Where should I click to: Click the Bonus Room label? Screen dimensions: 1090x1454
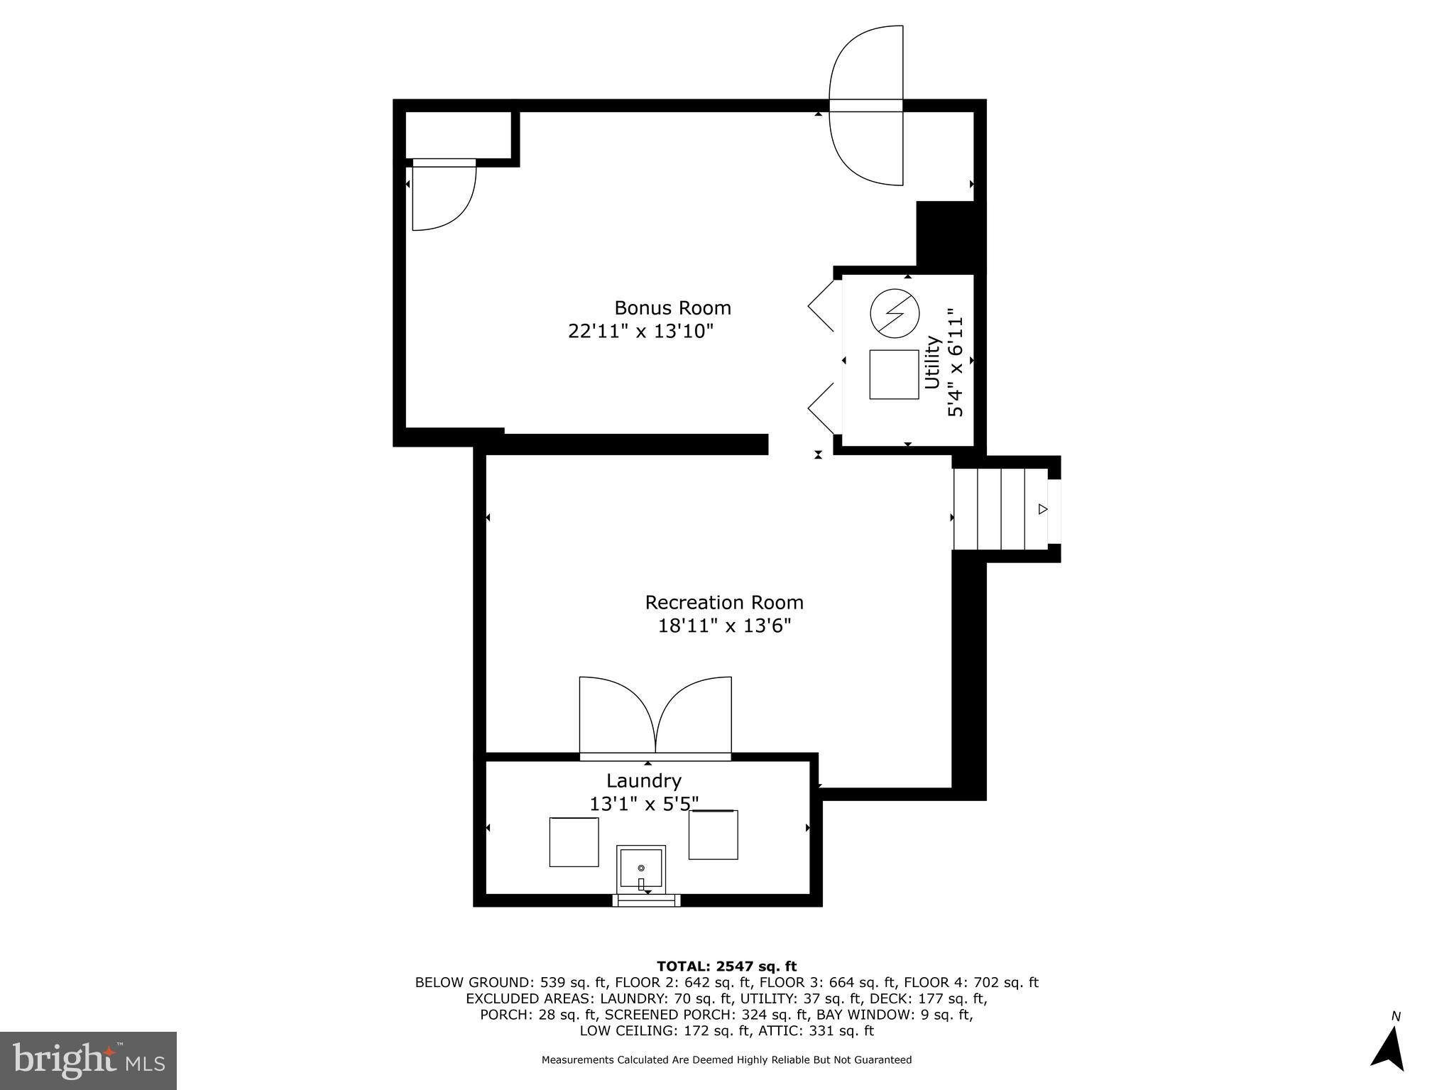[x=672, y=308]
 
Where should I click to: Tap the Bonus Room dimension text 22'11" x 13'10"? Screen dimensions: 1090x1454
[x=640, y=332]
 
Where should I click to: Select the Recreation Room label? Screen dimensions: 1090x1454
[x=723, y=603]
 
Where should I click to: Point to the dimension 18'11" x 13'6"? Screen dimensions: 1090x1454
[x=723, y=626]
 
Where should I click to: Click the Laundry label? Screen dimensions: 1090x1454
[x=643, y=781]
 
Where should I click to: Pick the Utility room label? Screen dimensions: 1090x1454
[x=932, y=363]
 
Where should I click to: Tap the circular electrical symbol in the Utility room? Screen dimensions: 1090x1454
[x=895, y=313]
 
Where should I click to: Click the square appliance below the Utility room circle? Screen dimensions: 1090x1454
[x=894, y=374]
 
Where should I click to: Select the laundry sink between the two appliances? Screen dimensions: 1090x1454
[x=640, y=867]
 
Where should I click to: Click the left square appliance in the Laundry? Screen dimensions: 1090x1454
[x=574, y=842]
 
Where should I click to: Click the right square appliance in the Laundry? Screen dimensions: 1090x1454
[x=713, y=835]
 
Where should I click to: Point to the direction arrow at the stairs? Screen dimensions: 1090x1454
[x=1042, y=509]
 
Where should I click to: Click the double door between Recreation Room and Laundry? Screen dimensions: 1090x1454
[x=655, y=717]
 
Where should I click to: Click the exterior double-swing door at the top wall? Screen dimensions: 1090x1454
[x=866, y=106]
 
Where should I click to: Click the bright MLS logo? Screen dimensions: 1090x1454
[x=88, y=1060]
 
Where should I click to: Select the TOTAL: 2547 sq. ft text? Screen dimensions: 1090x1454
[x=726, y=966]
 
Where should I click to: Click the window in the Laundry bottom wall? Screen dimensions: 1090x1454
[x=646, y=900]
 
